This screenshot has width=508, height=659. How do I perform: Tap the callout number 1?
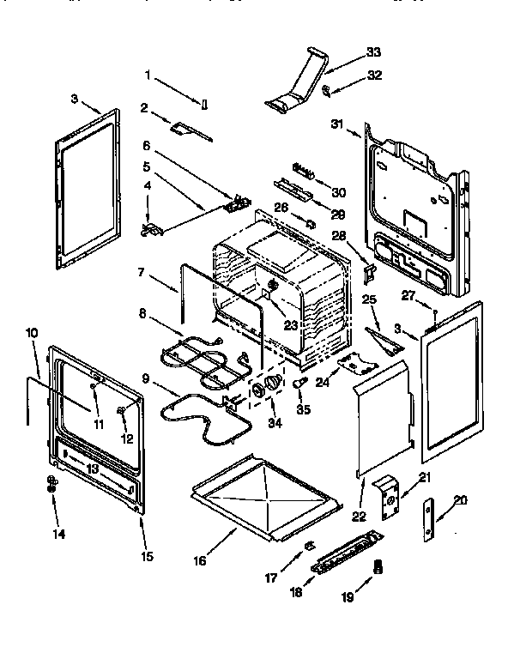(148, 76)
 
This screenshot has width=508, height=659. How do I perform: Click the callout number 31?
(337, 124)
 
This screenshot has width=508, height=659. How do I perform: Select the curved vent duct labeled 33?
(299, 87)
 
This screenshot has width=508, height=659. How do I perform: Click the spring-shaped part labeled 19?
(378, 567)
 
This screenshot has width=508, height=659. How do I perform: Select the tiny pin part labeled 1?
(204, 106)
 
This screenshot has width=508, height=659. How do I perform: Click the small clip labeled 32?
(327, 88)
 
